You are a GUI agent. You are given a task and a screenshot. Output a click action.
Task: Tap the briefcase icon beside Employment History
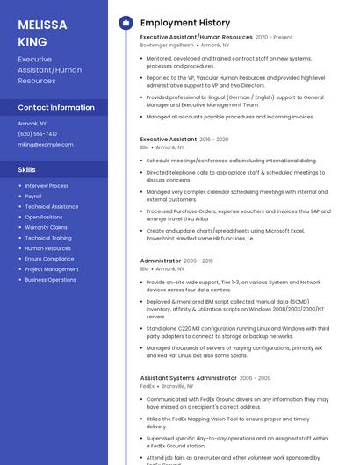pyautogui.click(x=126, y=22)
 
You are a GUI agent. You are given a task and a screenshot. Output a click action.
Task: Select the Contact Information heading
pyautogui.click(x=56, y=107)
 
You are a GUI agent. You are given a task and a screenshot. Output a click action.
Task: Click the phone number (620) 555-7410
pyautogui.click(x=37, y=134)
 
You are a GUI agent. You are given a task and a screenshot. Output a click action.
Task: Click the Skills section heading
pyautogui.click(x=27, y=169)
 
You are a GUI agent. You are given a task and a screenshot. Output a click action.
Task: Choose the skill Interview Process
pyautogui.click(x=47, y=186)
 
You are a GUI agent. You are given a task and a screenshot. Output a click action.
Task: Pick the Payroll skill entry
pyautogui.click(x=33, y=197)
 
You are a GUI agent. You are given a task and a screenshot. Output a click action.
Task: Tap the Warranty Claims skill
pyautogui.click(x=46, y=227)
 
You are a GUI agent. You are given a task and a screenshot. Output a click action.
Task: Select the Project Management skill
pyautogui.click(x=52, y=269)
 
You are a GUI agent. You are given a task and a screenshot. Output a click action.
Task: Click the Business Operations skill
pyautogui.click(x=50, y=280)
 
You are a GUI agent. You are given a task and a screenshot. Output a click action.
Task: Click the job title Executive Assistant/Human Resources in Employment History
pyautogui.click(x=196, y=38)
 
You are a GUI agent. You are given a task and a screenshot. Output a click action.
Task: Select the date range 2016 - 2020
pyautogui.click(x=214, y=139)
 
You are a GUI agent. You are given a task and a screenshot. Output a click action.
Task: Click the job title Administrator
pyautogui.click(x=160, y=261)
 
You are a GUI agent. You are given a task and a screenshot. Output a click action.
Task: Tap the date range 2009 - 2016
pyautogui.click(x=198, y=261)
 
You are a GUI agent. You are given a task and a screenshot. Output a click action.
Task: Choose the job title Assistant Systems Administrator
pyautogui.click(x=188, y=378)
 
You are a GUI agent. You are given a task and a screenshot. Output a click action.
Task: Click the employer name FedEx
pyautogui.click(x=147, y=386)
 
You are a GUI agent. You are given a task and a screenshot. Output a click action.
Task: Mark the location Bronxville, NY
pyautogui.click(x=178, y=386)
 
